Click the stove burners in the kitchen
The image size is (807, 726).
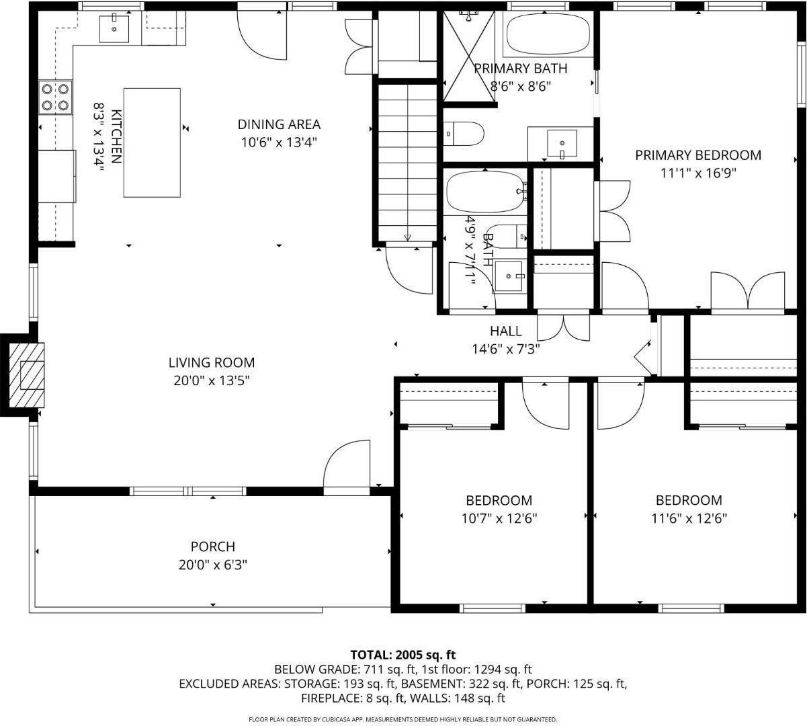click(x=56, y=96)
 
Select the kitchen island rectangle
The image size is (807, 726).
click(x=152, y=143)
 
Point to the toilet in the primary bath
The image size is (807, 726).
click(x=465, y=133)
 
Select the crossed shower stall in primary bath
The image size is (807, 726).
click(x=470, y=57)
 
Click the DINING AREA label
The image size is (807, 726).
click(x=279, y=124)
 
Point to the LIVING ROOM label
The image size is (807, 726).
click(x=212, y=363)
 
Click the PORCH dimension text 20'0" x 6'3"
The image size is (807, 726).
click(x=213, y=565)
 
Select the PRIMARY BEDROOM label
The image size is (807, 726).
click(x=698, y=155)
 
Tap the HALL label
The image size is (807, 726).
click(x=505, y=331)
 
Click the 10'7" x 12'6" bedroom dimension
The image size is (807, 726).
click(x=499, y=518)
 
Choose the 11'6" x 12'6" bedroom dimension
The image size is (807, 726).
click(x=689, y=518)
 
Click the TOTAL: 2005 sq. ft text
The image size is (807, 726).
click(x=403, y=654)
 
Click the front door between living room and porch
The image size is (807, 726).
click(x=347, y=464)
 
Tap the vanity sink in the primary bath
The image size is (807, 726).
click(x=561, y=143)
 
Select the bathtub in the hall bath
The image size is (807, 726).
click(x=485, y=191)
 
